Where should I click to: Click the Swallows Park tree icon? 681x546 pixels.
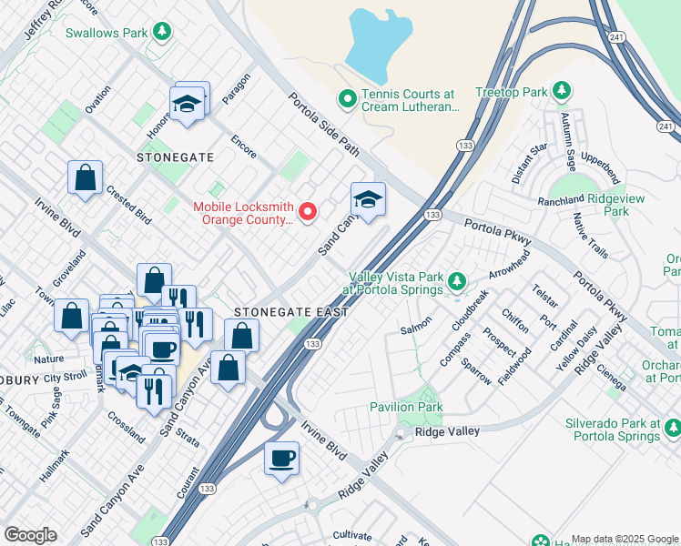point(162,33)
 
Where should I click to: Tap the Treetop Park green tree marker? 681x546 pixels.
point(563,91)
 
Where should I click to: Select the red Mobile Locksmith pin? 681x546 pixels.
point(308,212)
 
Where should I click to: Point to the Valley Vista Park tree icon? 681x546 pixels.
point(457,281)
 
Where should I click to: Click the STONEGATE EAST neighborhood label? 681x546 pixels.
point(291,312)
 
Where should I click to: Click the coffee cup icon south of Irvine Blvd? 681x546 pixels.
point(281,457)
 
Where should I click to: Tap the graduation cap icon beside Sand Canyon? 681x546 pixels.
point(368,199)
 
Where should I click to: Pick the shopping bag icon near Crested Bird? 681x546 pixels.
point(85,178)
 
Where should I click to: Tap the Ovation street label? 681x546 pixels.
point(97,121)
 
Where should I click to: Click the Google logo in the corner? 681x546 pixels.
point(30,535)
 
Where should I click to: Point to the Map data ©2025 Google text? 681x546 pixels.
point(625,539)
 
